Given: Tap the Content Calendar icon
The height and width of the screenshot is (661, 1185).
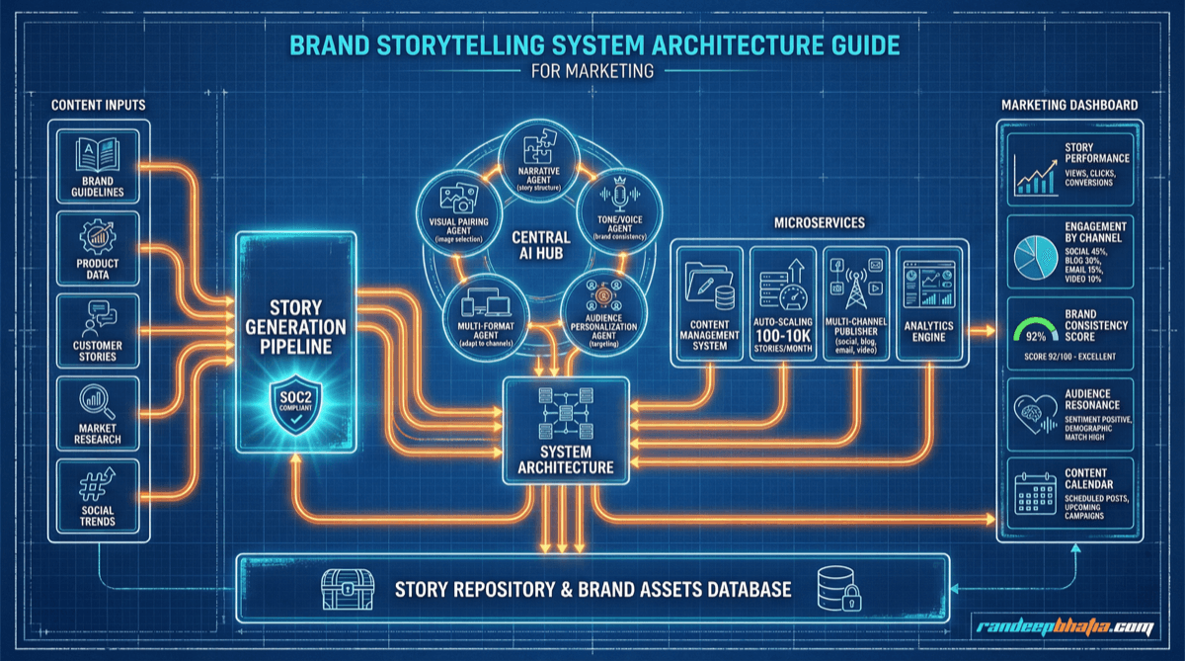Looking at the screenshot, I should [x=1033, y=489].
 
